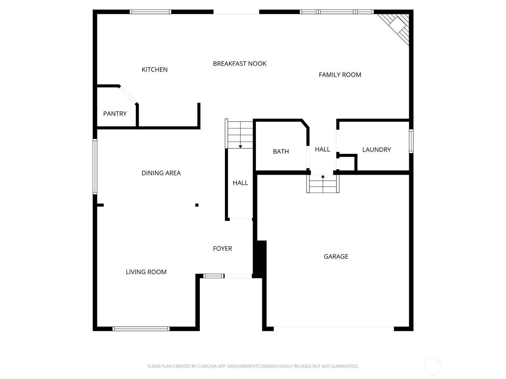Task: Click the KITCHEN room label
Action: pos(154,69)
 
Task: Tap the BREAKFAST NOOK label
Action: pos(239,64)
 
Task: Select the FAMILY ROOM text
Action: pos(340,75)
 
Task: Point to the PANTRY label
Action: pos(115,114)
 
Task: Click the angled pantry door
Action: pos(128,94)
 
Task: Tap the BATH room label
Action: pos(281,152)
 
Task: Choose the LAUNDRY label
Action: pos(376,150)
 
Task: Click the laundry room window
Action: pos(411,141)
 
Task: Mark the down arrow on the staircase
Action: pos(240,146)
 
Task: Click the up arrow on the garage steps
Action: pos(323,177)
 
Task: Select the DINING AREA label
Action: pos(161,173)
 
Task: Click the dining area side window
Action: pos(95,166)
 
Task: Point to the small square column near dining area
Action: pos(197,205)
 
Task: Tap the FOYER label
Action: pos(222,249)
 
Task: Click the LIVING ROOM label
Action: pos(146,272)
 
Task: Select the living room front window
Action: pos(141,329)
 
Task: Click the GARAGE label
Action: pos(336,256)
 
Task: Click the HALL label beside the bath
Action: pos(322,149)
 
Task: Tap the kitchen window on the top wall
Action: pos(151,12)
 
